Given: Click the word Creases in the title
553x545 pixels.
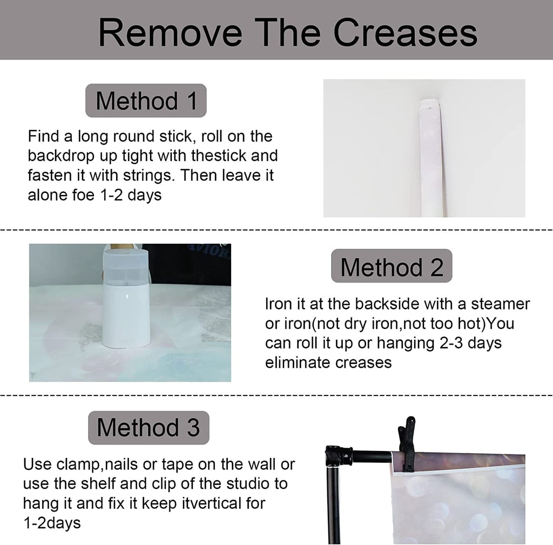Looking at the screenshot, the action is pos(405,32).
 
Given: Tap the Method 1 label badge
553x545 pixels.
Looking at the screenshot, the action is pos(146,100).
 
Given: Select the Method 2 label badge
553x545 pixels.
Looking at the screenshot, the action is pos(392,266).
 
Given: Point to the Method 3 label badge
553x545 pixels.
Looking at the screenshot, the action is pos(149,428).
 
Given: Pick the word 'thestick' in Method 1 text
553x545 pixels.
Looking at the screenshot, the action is pos(219,156).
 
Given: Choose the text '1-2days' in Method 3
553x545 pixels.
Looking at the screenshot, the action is pos(52,523).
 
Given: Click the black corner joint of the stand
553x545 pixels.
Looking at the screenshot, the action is pos(338,456).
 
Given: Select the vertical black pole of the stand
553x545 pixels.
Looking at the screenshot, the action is pos(333,505).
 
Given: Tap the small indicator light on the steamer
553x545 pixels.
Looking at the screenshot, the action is pos(127,297).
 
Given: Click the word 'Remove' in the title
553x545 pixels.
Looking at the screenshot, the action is pos(170,32).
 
